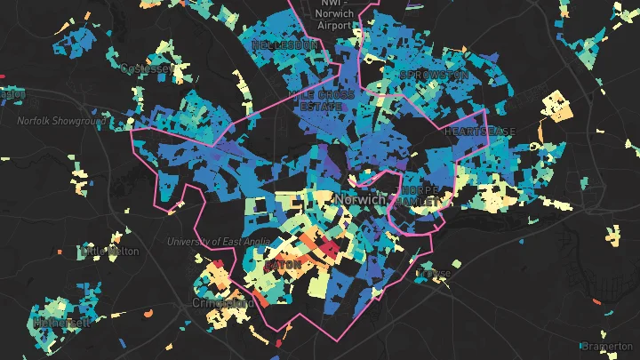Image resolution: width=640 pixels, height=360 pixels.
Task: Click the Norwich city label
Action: click(x=361, y=199)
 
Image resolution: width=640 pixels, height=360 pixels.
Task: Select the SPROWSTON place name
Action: click(x=434, y=75)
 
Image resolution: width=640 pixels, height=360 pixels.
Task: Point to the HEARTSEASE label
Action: click(x=480, y=131)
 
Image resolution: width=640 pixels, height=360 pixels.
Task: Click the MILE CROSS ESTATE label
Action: click(x=321, y=99)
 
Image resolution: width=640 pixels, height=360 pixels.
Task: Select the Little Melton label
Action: click(x=110, y=252)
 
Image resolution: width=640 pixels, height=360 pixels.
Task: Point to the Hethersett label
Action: click(x=62, y=323)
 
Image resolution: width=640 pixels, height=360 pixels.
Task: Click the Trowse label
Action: click(x=434, y=274)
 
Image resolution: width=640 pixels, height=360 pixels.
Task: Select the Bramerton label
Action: click(x=607, y=346)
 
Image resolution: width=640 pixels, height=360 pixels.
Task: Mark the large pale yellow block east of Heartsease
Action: click(x=556, y=105)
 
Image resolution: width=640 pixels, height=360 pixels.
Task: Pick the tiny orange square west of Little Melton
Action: click(x=60, y=252)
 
